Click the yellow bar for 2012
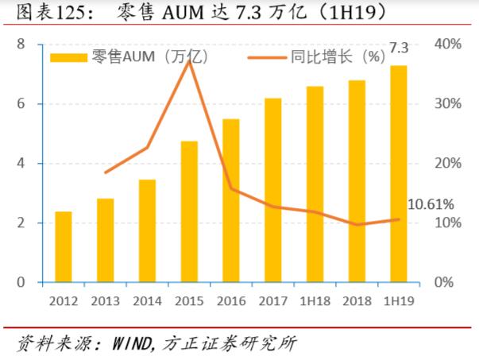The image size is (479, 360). click(63, 247)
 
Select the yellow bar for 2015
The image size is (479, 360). click(189, 211)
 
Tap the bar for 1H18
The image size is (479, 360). click(315, 184)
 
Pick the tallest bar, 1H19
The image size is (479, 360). click(398, 174)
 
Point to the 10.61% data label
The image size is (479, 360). click(430, 205)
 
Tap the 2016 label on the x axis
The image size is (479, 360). click(230, 301)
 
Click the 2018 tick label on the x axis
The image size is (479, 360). click(356, 301)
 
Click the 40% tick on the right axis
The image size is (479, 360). click(448, 45)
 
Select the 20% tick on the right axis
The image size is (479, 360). click(448, 164)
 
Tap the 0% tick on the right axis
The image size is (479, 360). click(444, 283)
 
